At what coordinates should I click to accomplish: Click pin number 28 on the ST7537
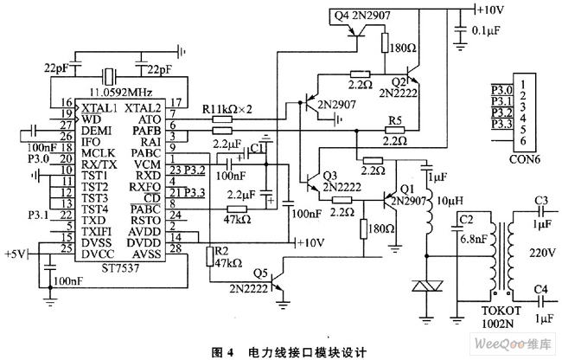coord(176,249)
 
